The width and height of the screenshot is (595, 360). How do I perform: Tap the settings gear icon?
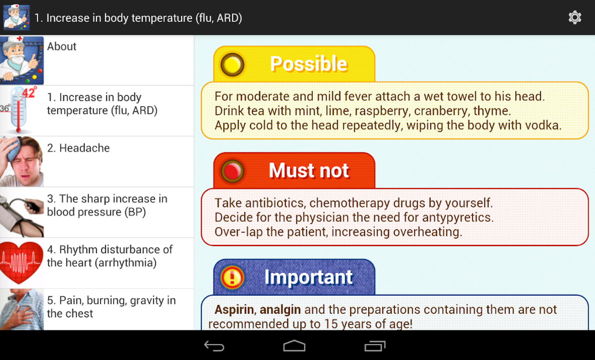(x=575, y=18)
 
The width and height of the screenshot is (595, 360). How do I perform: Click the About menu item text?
(x=62, y=46)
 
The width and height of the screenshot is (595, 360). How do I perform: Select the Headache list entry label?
(x=78, y=148)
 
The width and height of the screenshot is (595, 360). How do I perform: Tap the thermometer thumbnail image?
(x=18, y=110)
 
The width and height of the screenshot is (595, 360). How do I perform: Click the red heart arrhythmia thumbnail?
(x=21, y=262)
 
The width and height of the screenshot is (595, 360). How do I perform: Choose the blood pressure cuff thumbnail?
(x=22, y=212)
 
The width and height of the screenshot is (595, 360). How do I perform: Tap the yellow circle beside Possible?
(x=232, y=64)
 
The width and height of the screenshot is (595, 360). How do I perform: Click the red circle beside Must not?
(x=232, y=171)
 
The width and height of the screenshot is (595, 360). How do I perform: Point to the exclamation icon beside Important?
(x=232, y=277)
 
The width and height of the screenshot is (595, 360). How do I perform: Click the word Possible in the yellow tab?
(x=309, y=64)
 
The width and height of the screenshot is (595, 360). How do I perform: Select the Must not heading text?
(x=309, y=170)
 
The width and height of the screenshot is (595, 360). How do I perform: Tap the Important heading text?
(x=309, y=277)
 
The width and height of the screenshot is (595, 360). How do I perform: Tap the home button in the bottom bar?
(x=294, y=346)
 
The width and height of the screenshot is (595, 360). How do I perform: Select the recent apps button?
(x=375, y=346)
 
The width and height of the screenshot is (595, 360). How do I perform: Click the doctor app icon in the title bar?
(x=16, y=17)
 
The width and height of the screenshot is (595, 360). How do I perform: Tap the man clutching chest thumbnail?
(x=22, y=310)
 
